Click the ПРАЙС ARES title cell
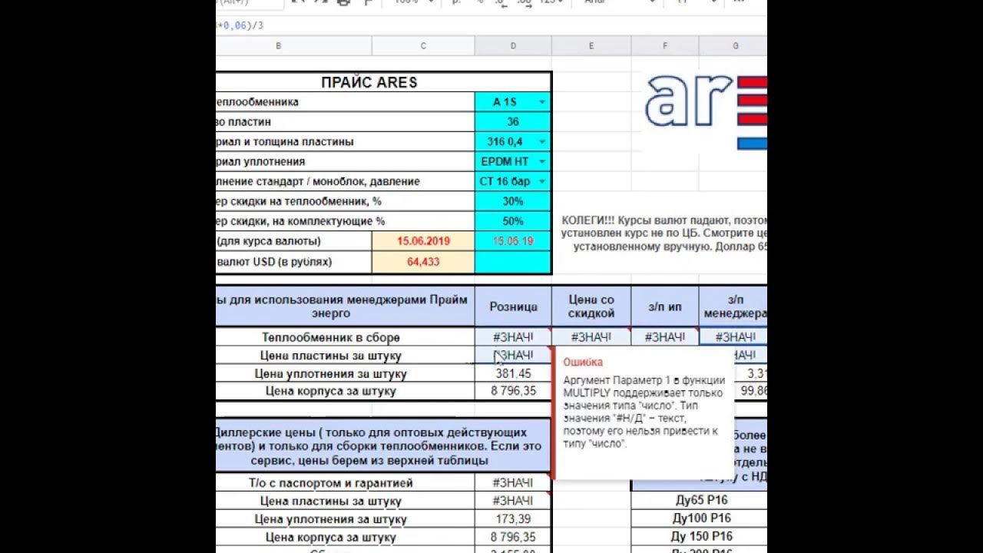369,82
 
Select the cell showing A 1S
505,102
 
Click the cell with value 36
513,122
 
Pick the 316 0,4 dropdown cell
505,142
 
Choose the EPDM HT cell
505,162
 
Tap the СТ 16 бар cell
505,182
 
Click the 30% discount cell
513,202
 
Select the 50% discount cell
513,221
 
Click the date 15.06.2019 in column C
423,241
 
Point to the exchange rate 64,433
423,262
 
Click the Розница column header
513,306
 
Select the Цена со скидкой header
591,306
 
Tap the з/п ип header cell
665,306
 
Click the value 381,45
513,373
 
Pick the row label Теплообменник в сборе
330,337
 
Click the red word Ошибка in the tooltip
583,363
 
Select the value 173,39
513,519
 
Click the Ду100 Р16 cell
701,518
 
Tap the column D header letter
513,46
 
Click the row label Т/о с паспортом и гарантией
330,483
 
